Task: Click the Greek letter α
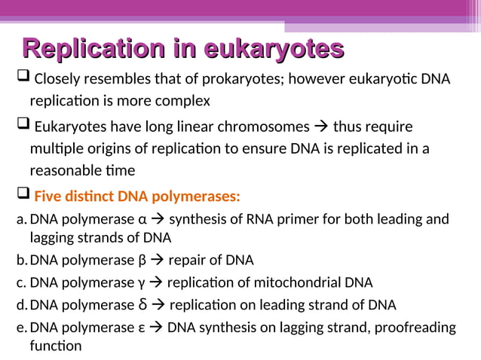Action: coord(142,220)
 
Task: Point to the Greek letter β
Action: coord(142,261)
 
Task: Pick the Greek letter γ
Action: coord(141,283)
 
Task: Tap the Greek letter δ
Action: coord(142,304)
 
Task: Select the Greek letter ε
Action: coord(142,328)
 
